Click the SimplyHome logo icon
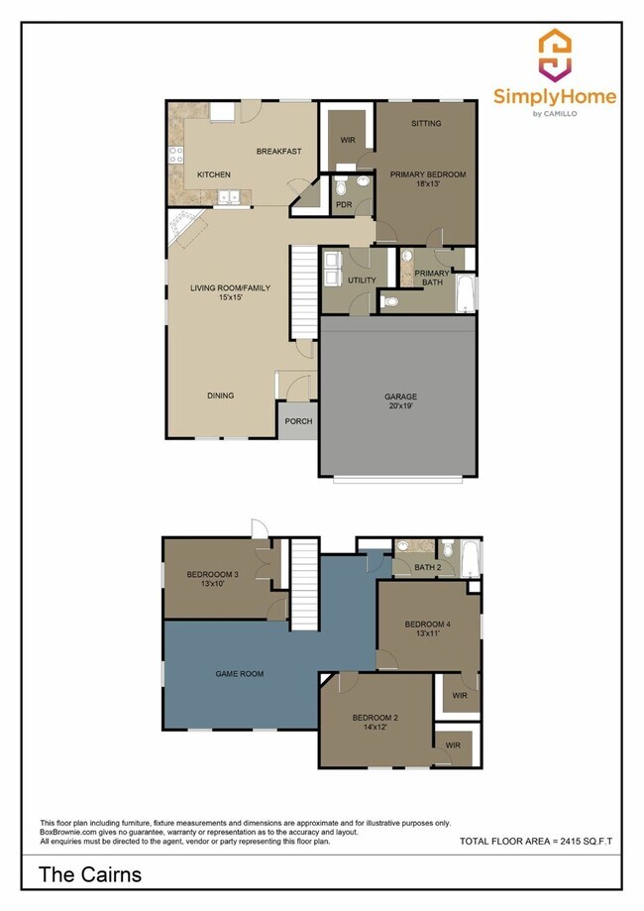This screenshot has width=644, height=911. pos(555,55)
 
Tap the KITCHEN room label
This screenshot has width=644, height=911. pos(213,174)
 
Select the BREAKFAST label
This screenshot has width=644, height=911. pos(278,152)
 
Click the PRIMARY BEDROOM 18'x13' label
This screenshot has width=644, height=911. pos(427,179)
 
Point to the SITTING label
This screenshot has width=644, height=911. pos(427,124)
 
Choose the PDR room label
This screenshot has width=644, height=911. pos(345,205)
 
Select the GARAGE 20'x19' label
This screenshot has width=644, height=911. pos(400,401)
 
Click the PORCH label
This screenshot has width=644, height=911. pos(298,421)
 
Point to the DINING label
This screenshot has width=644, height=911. pos(220,396)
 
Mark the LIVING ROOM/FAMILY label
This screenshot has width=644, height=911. pos(230,293)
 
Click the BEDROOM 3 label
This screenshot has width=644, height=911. pos(213,580)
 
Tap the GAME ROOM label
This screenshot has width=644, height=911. pos(239,673)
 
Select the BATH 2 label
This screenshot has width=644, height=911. pos(427,567)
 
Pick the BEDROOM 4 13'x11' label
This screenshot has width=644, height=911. pos(427,628)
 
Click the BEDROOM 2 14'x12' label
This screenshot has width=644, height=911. pos(376,723)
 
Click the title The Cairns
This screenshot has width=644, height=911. pos(90,874)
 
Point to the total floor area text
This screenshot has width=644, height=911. pos(536,841)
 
